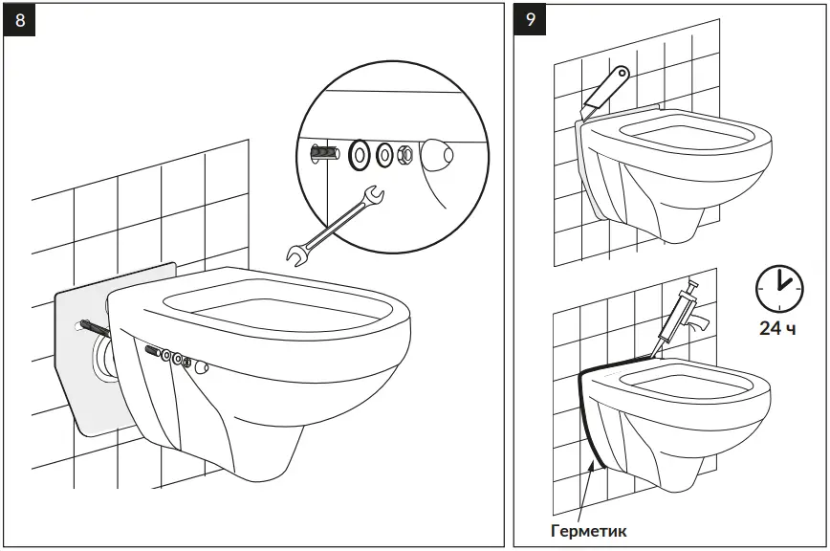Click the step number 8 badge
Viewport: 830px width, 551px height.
pos(21,21)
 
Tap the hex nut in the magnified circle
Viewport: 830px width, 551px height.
pos(404,153)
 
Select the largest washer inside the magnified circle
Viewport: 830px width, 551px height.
pos(360,153)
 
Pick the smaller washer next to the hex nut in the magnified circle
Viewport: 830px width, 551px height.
pos(384,153)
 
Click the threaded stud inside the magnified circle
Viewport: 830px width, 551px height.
pos(323,152)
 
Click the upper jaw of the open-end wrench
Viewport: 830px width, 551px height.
pos(374,195)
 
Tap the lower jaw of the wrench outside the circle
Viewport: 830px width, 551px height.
pos(297,253)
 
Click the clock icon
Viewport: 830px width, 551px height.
pos(779,286)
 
